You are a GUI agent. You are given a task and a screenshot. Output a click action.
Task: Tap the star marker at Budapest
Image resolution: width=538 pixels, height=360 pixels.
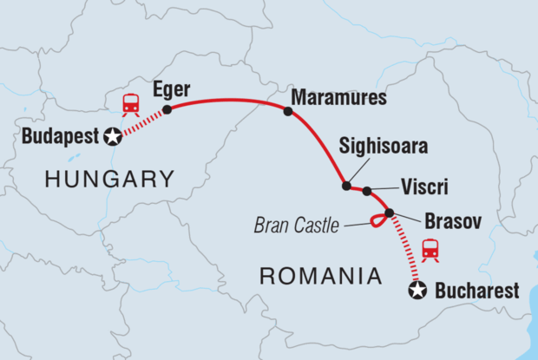coord(112,136)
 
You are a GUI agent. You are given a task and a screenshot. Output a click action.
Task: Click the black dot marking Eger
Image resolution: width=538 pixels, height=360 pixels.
coord(167,109)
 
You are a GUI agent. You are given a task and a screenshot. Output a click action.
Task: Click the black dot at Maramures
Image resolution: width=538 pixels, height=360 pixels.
coord(288,110)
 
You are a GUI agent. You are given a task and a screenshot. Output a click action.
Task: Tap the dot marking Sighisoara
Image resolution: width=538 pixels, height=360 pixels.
coord(346,186)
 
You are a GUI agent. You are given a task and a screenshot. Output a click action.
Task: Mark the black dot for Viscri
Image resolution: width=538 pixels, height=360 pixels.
coord(367,191)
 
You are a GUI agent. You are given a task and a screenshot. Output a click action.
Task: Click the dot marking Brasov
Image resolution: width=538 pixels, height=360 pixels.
coord(389,213)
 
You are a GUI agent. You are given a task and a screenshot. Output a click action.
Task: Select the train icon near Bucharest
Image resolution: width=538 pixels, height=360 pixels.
coord(430,249)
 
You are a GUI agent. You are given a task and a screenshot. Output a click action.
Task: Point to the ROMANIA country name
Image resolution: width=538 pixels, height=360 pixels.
coord(321,277)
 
